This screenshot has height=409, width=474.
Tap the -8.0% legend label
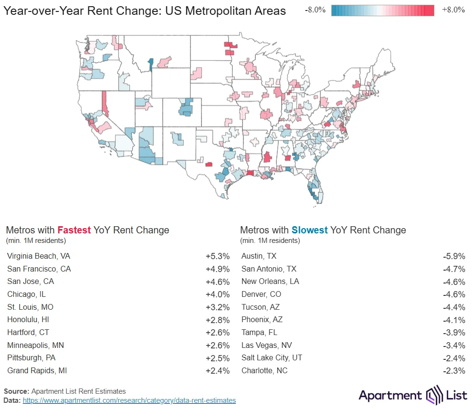click(x=315, y=10)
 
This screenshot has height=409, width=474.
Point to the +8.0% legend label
click(x=453, y=10)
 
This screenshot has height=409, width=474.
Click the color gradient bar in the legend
click(x=383, y=10)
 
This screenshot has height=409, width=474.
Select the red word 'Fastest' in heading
click(x=74, y=230)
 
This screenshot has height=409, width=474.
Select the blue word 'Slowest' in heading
click(x=310, y=230)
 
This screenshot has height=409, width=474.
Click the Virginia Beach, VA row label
click(x=39, y=256)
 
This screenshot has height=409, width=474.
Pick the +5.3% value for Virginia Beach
click(x=218, y=256)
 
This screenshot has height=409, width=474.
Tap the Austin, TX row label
click(x=259, y=256)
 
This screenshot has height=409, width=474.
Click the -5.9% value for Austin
click(x=453, y=256)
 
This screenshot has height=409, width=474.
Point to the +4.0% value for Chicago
click(x=218, y=294)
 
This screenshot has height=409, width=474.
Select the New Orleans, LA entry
click(x=270, y=282)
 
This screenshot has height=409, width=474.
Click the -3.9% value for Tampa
click(x=453, y=333)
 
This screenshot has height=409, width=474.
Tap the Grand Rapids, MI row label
click(x=35, y=371)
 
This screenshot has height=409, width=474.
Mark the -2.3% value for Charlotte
click(x=453, y=371)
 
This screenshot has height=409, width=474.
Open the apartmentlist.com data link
click(x=129, y=400)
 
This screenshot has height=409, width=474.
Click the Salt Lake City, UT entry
click(x=272, y=358)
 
